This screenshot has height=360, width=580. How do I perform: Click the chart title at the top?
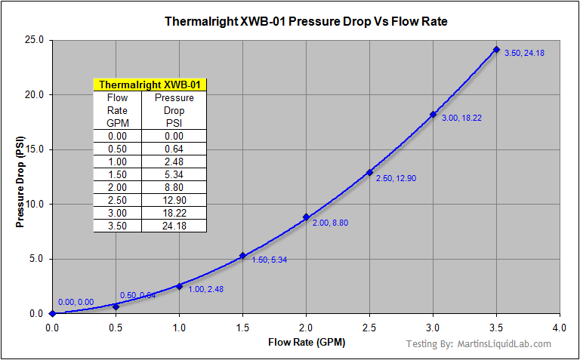coord(306,21)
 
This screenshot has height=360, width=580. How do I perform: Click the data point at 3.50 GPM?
coord(496,50)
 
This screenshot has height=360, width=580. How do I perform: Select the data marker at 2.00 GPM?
coord(306,217)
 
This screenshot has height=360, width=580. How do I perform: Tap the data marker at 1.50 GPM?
coord(242,255)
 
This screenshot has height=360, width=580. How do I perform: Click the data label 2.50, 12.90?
coord(395,178)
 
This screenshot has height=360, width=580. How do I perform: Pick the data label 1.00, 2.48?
coord(205,289)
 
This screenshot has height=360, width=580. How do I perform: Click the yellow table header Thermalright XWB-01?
coord(150,85)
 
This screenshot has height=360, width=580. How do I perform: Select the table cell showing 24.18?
coord(174,226)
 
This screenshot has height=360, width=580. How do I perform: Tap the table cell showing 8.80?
coord(174,187)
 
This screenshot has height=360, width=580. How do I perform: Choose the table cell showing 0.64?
coord(174,149)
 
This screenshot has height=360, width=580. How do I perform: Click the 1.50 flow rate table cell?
coord(117,174)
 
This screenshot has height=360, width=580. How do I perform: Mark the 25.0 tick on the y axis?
coord(35,40)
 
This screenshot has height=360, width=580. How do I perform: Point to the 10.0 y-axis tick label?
coord(35,204)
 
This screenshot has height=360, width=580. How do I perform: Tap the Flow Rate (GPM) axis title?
coord(306,343)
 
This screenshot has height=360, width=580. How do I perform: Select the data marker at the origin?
coord(52,313)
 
